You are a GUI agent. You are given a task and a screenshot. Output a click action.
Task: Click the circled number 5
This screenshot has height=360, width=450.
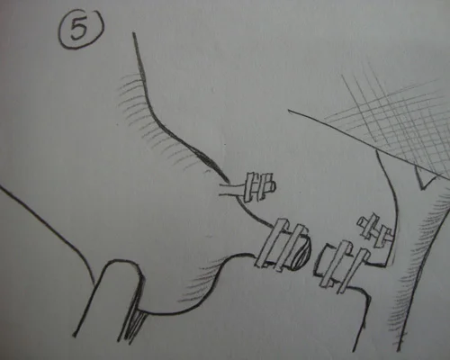point(80,29)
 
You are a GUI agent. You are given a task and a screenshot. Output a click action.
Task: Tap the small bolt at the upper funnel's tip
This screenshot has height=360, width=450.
point(260,187)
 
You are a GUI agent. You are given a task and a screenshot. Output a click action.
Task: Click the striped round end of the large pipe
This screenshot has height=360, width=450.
point(302,250)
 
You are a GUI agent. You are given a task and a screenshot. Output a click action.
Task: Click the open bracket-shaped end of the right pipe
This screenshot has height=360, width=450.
point(323,260)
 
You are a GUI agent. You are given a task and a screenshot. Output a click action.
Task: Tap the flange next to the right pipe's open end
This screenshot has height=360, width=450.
point(336,264)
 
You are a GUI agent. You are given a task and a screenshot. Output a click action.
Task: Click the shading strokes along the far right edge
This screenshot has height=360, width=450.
point(420,264)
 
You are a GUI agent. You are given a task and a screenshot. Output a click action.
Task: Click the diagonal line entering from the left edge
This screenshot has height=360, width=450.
point(48,228)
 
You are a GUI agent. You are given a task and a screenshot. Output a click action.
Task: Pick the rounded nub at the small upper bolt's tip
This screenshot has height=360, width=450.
point(272,186)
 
